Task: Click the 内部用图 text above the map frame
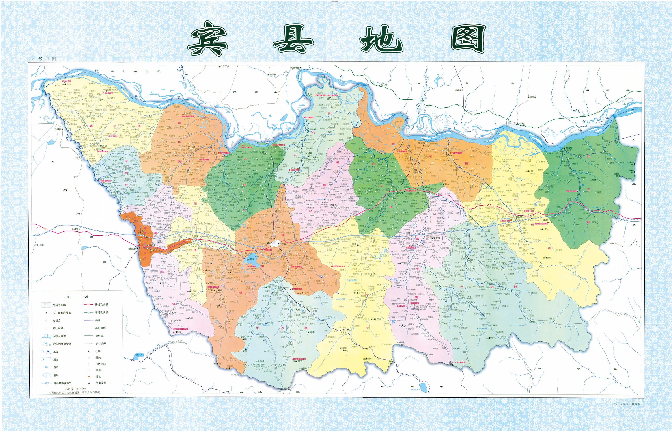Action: click(44, 59)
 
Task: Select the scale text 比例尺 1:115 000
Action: click(75, 388)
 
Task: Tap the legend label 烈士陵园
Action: click(101, 383)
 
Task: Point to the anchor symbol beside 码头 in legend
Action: click(89, 358)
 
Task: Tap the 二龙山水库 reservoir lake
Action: click(251, 259)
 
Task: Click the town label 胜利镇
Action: click(519, 217)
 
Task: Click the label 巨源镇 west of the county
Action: click(58, 129)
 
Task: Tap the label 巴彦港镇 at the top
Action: click(295, 68)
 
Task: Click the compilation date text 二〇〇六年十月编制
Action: click(627, 404)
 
